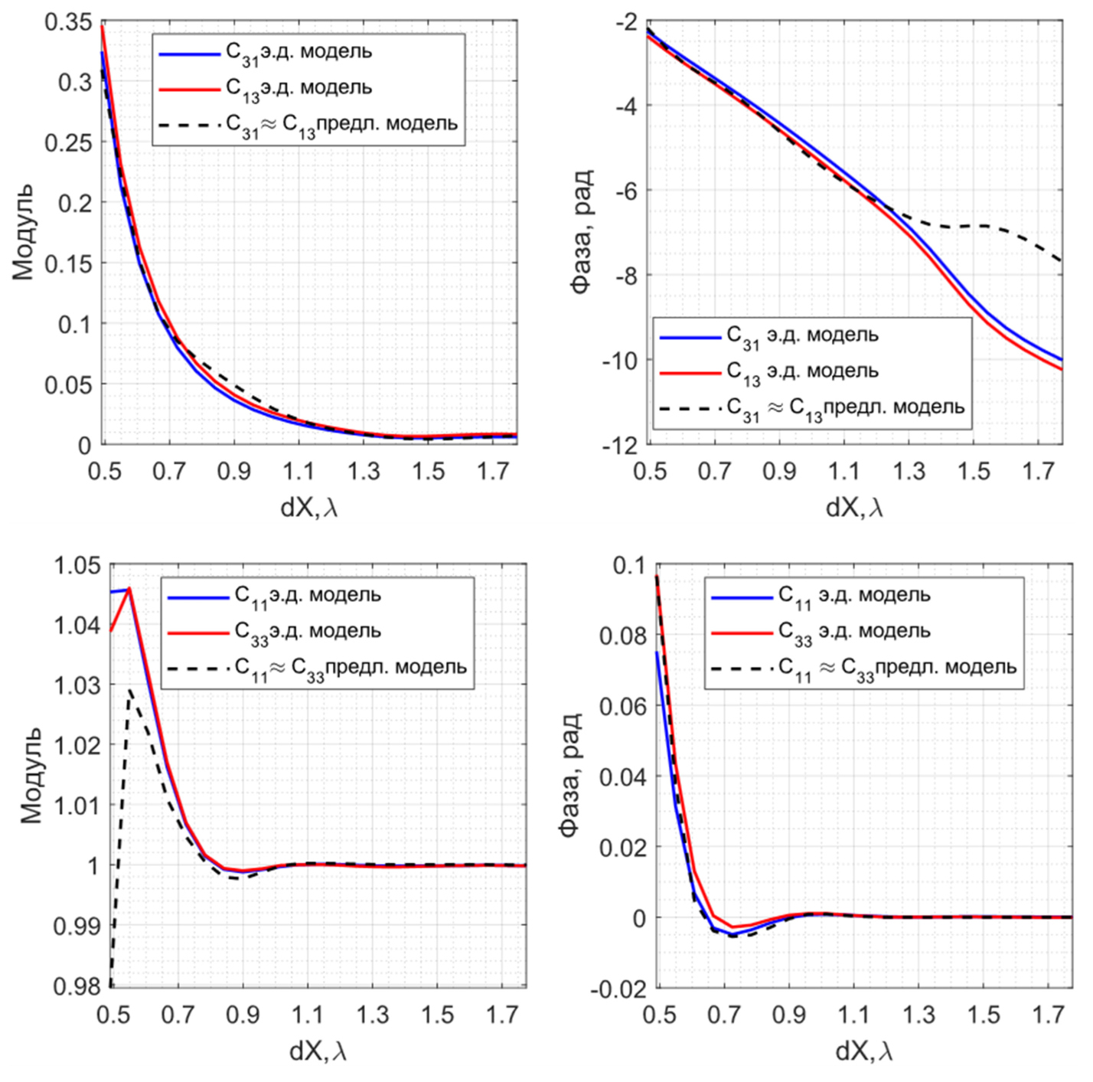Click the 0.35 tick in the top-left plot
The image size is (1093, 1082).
tap(67, 22)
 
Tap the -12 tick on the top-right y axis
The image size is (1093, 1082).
tap(620, 445)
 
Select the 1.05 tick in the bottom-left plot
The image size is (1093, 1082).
tap(77, 566)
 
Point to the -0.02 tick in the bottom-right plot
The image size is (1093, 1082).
tap(618, 989)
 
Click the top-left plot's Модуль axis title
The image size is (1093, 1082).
tap(23, 232)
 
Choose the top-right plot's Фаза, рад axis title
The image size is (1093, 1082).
tap(582, 232)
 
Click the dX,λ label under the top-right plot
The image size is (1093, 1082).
tap(854, 507)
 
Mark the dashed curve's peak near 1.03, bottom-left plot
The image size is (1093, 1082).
tap(130, 690)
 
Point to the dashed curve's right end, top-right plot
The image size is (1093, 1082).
tap(1062, 261)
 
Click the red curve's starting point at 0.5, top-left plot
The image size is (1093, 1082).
tap(103, 26)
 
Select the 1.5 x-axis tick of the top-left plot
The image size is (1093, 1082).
tap(428, 470)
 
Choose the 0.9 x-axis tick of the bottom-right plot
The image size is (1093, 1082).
tap(788, 1015)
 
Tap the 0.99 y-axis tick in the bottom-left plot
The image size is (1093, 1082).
tap(77, 926)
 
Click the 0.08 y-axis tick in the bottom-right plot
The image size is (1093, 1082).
tap(622, 636)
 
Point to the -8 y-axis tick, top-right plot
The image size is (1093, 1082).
tap(626, 275)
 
